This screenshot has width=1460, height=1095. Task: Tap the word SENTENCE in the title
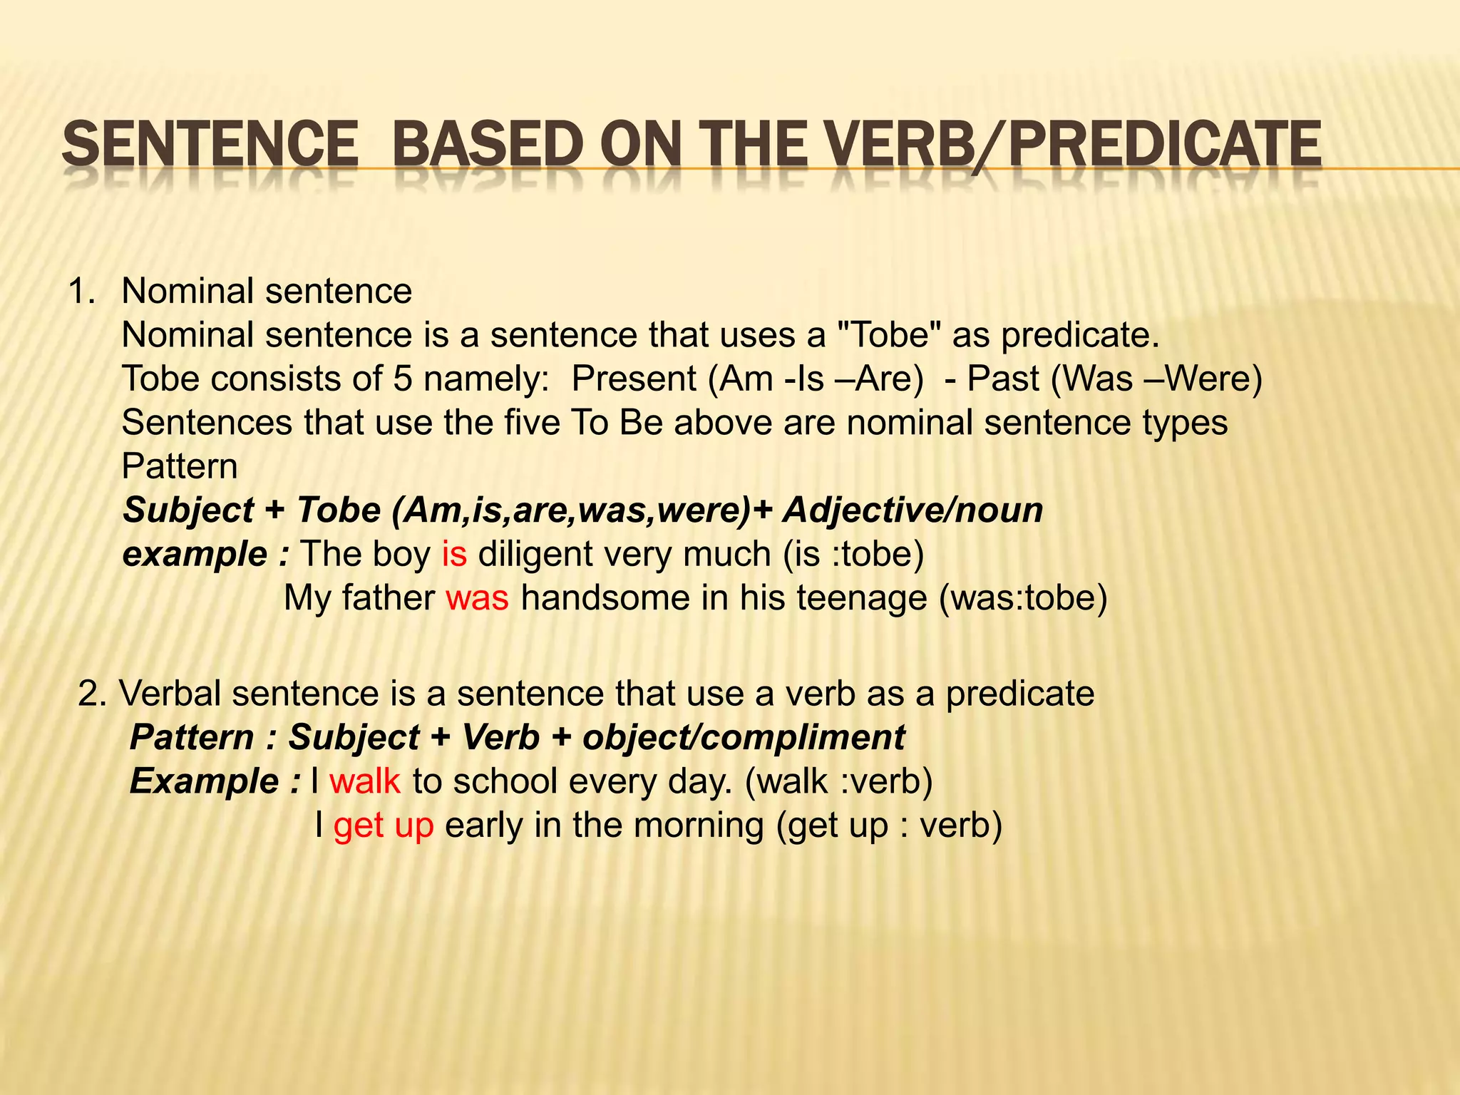pos(210,145)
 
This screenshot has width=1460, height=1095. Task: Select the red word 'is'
pos(454,554)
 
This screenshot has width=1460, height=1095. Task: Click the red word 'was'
pos(477,597)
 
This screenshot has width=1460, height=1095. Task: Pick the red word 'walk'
pos(365,781)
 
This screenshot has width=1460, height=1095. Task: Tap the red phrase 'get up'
pos(384,826)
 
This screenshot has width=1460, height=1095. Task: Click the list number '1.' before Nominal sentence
pos(81,292)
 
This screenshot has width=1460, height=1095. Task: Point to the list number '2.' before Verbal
pos(92,694)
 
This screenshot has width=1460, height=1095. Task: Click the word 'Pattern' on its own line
pos(180,467)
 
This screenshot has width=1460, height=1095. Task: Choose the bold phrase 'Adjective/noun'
pos(912,510)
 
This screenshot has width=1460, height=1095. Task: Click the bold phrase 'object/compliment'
pos(744,738)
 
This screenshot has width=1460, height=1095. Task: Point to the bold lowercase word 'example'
pos(195,554)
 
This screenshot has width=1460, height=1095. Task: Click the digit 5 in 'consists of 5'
pos(403,379)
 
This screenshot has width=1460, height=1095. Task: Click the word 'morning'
pos(699,826)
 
